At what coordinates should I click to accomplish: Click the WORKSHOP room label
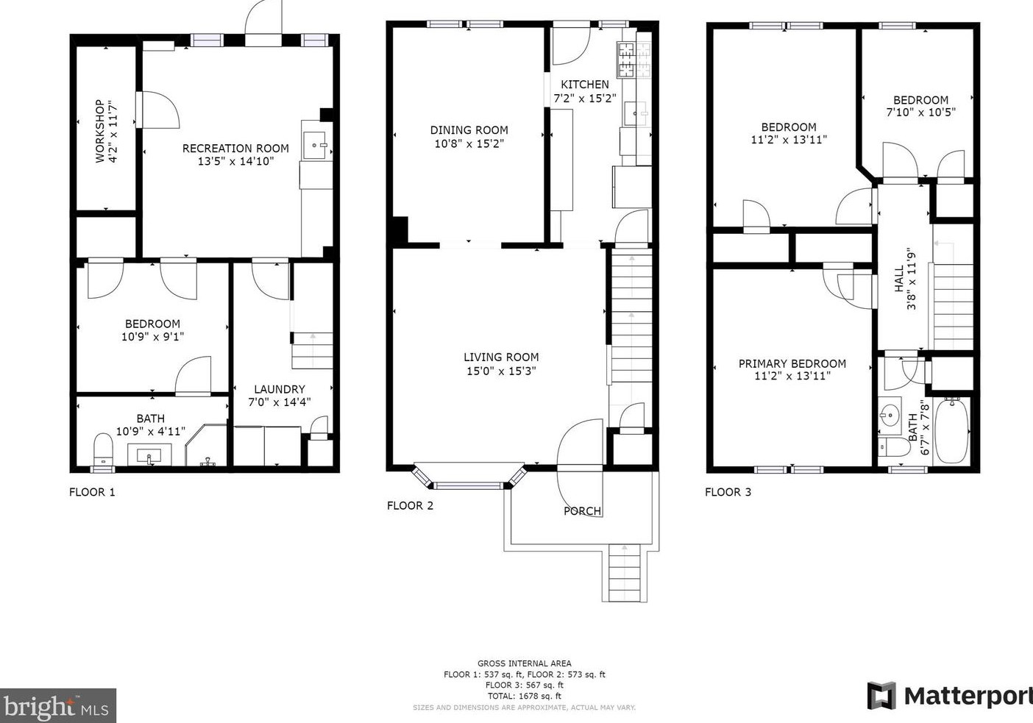click(100, 131)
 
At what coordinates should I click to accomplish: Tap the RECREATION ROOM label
click(235, 149)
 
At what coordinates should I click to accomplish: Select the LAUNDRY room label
click(280, 389)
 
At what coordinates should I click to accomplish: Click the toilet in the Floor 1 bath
click(103, 449)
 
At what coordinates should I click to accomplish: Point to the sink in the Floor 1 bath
click(149, 455)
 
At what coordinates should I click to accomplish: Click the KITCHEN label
click(585, 85)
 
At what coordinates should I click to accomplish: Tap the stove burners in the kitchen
click(634, 60)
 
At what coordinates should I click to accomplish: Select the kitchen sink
click(636, 113)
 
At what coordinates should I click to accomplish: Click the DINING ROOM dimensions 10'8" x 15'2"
click(469, 143)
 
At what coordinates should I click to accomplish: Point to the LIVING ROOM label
click(501, 357)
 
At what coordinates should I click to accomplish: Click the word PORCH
click(583, 511)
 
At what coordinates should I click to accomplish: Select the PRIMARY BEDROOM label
click(792, 363)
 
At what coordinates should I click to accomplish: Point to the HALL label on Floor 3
click(899, 279)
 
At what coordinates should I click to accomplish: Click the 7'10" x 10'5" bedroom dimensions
click(921, 112)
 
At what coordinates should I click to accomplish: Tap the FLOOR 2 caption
click(410, 505)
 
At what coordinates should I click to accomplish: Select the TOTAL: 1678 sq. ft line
click(525, 696)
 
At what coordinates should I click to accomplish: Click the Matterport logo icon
click(881, 696)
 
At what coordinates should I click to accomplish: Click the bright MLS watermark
click(57, 705)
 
